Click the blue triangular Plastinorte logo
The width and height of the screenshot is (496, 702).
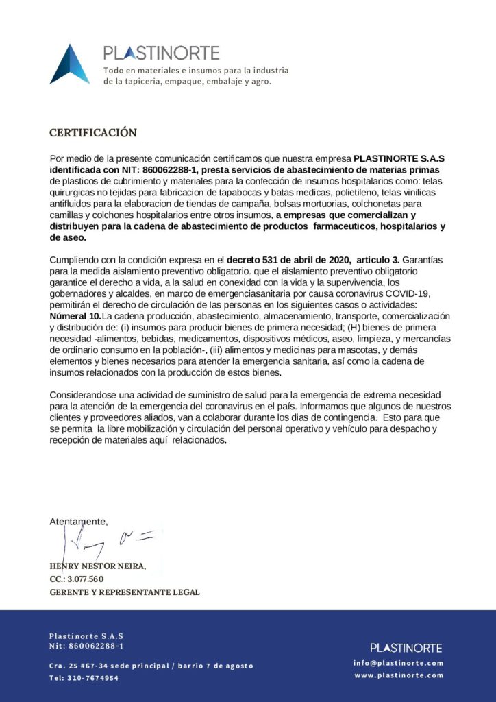(x=70, y=65)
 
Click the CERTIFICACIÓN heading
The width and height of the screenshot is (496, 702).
(x=93, y=132)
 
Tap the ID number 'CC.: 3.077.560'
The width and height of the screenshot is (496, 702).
(x=77, y=579)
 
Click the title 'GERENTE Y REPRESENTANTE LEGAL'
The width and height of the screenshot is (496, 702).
(x=125, y=592)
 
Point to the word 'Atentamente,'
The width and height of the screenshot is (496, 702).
(x=79, y=522)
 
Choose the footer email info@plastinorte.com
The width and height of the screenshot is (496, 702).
(x=398, y=663)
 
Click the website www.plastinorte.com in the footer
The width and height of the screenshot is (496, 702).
(x=398, y=675)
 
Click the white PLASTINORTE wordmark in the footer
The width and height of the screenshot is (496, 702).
(x=406, y=647)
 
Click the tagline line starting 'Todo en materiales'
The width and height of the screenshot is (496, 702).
(x=195, y=71)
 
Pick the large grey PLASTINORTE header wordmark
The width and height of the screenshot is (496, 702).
(x=161, y=53)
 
